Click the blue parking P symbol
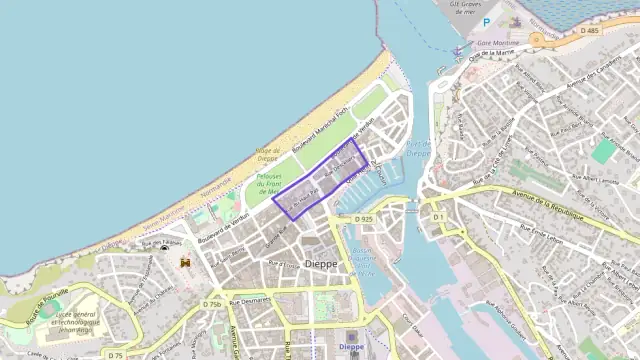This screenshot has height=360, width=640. (x=487, y=22)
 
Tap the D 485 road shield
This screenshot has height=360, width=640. (x=590, y=31)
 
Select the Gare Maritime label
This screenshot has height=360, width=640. (x=497, y=44)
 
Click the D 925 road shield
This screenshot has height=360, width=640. (x=363, y=218)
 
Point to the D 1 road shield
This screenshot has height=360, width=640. (x=438, y=217)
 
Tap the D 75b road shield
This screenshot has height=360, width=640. (x=212, y=304)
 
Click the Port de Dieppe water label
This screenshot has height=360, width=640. (x=418, y=148)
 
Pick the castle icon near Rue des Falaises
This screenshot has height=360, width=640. (x=185, y=262)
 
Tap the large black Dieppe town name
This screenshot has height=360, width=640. (x=321, y=264)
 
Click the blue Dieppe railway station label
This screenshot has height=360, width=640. (x=351, y=346)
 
